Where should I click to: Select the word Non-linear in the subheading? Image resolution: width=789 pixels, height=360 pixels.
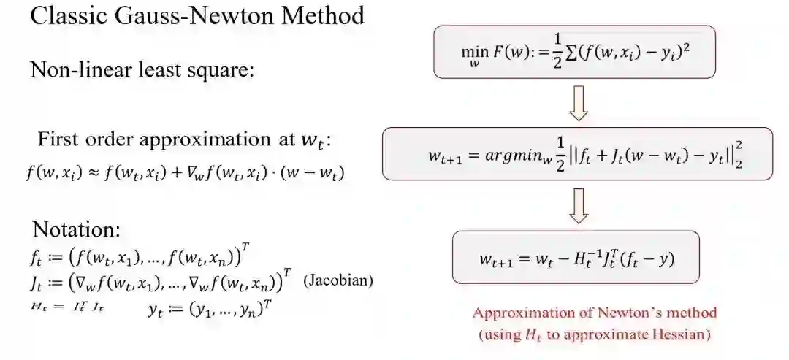pos(74,70)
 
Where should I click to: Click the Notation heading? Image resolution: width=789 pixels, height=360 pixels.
pos(77,229)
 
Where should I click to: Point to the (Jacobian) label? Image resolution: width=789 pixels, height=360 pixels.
pos(338,280)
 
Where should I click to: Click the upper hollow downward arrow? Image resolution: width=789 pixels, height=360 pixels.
pos(579,104)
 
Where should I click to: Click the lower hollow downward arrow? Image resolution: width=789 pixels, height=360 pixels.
pos(579,205)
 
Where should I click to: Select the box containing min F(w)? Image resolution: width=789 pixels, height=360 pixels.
pos(574,52)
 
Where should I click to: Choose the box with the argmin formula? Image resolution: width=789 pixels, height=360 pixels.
pos(577,154)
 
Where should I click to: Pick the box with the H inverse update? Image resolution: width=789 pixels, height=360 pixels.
pos(576,257)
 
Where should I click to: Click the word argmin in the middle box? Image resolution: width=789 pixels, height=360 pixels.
pos(507,156)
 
